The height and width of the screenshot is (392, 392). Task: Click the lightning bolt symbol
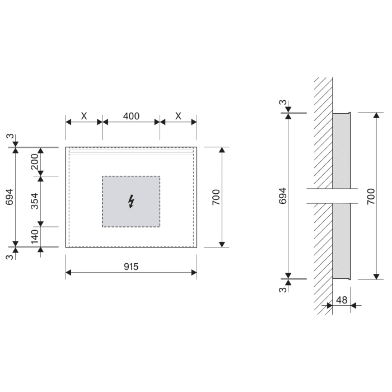click(131, 201)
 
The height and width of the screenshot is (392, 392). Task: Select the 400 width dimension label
click(131, 116)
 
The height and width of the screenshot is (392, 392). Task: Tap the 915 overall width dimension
click(131, 267)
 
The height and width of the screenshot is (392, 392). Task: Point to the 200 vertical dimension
click(35, 161)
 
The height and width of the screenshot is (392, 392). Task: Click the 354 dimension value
click(35, 201)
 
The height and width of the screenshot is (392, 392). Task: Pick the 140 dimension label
click(35, 236)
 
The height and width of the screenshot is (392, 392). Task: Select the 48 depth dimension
click(341, 300)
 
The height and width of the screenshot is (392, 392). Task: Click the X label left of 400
click(84, 116)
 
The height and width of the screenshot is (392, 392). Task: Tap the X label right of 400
click(178, 116)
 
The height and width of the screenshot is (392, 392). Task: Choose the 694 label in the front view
click(10, 197)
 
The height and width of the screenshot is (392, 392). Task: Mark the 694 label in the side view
click(283, 195)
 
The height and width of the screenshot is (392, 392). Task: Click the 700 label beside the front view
click(217, 197)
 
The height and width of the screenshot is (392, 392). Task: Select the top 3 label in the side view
click(283, 103)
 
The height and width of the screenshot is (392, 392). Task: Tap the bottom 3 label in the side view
click(283, 289)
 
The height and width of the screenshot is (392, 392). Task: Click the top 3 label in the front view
click(10, 136)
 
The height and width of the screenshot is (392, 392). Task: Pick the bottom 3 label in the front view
click(10, 256)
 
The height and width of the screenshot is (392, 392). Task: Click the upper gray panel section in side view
click(341, 150)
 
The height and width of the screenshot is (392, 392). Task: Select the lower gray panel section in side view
click(341, 240)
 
